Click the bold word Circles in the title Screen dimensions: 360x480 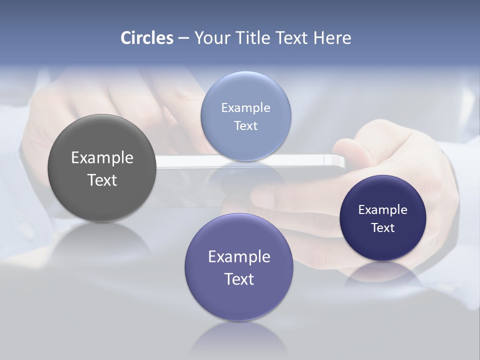click(147, 38)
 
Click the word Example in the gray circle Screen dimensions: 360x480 click(102, 157)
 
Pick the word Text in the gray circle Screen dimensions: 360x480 click(102, 180)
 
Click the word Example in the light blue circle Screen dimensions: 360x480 click(245, 107)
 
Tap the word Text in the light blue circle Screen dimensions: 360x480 click(245, 125)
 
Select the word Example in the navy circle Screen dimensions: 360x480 click(382, 209)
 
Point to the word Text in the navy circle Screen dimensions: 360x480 click(382, 227)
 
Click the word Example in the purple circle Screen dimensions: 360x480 click(239, 256)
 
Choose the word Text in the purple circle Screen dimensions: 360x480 click(239, 279)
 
